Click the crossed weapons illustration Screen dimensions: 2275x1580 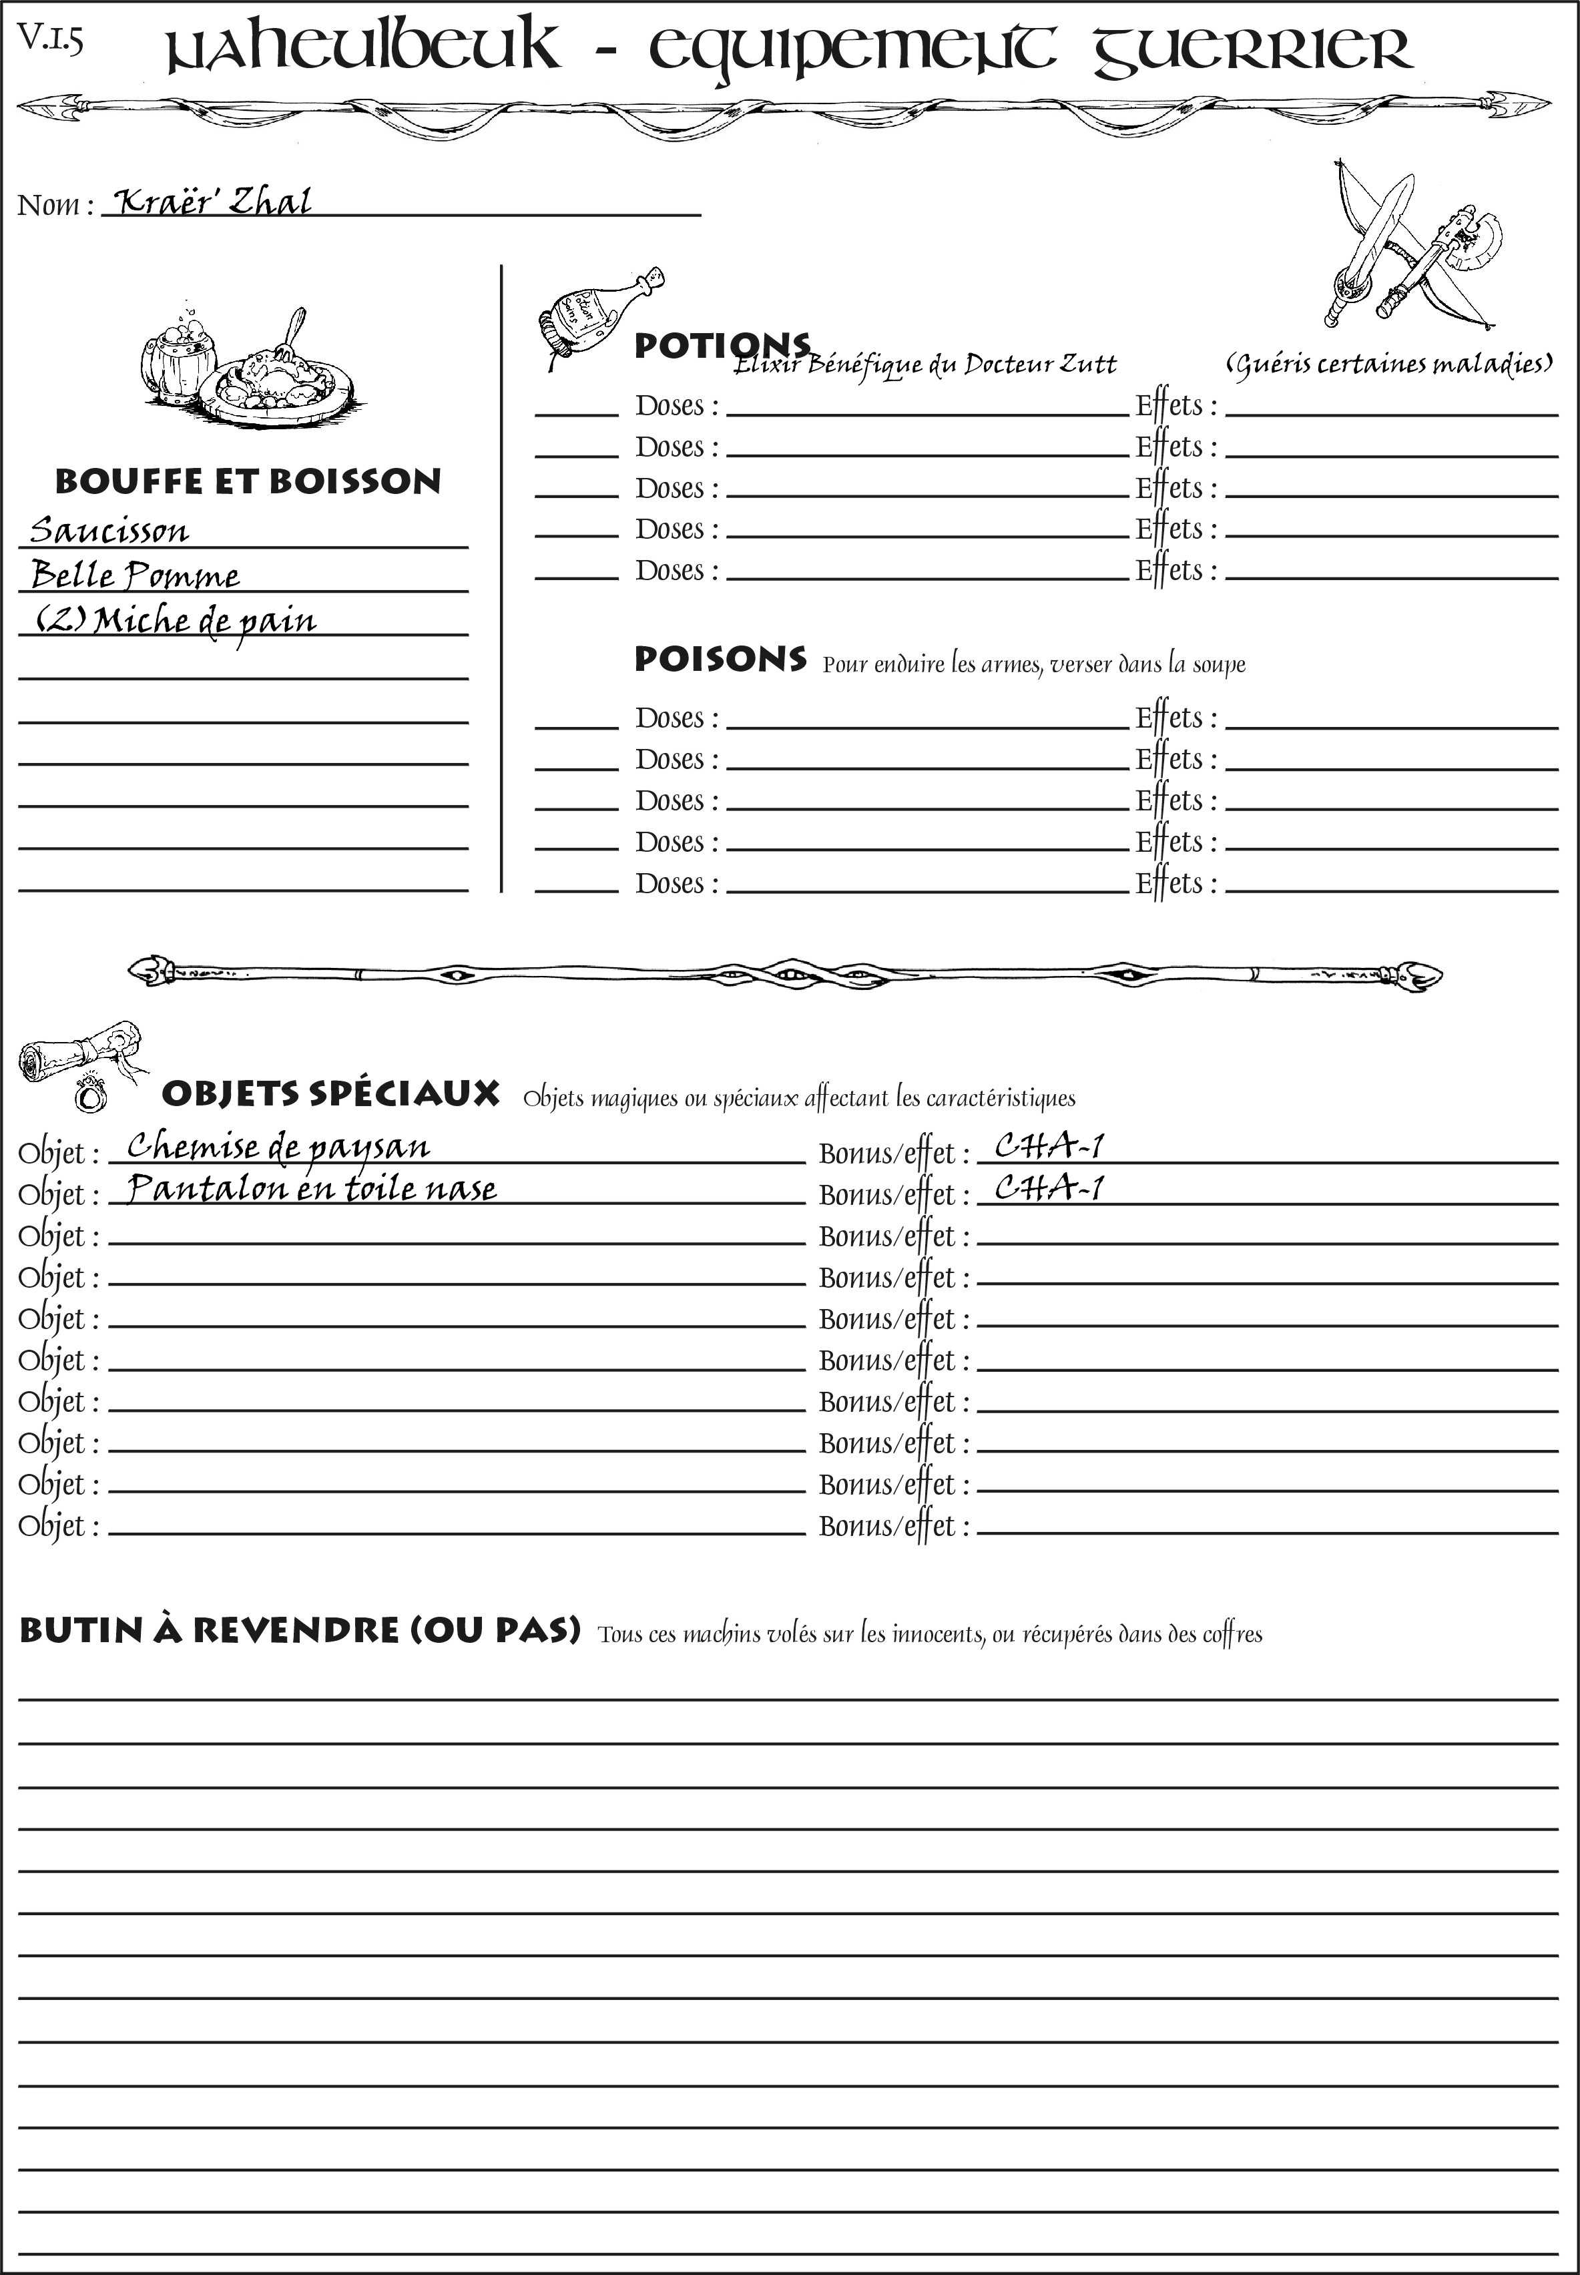click(1410, 248)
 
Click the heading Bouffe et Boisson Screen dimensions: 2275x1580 click(248, 481)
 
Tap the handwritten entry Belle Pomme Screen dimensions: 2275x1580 click(135, 574)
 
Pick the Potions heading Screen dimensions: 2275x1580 click(721, 346)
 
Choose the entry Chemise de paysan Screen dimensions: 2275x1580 click(278, 1146)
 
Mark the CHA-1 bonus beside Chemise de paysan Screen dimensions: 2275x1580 click(1049, 1146)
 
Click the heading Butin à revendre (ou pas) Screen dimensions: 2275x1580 click(299, 1629)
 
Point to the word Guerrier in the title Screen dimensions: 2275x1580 click(1252, 49)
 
